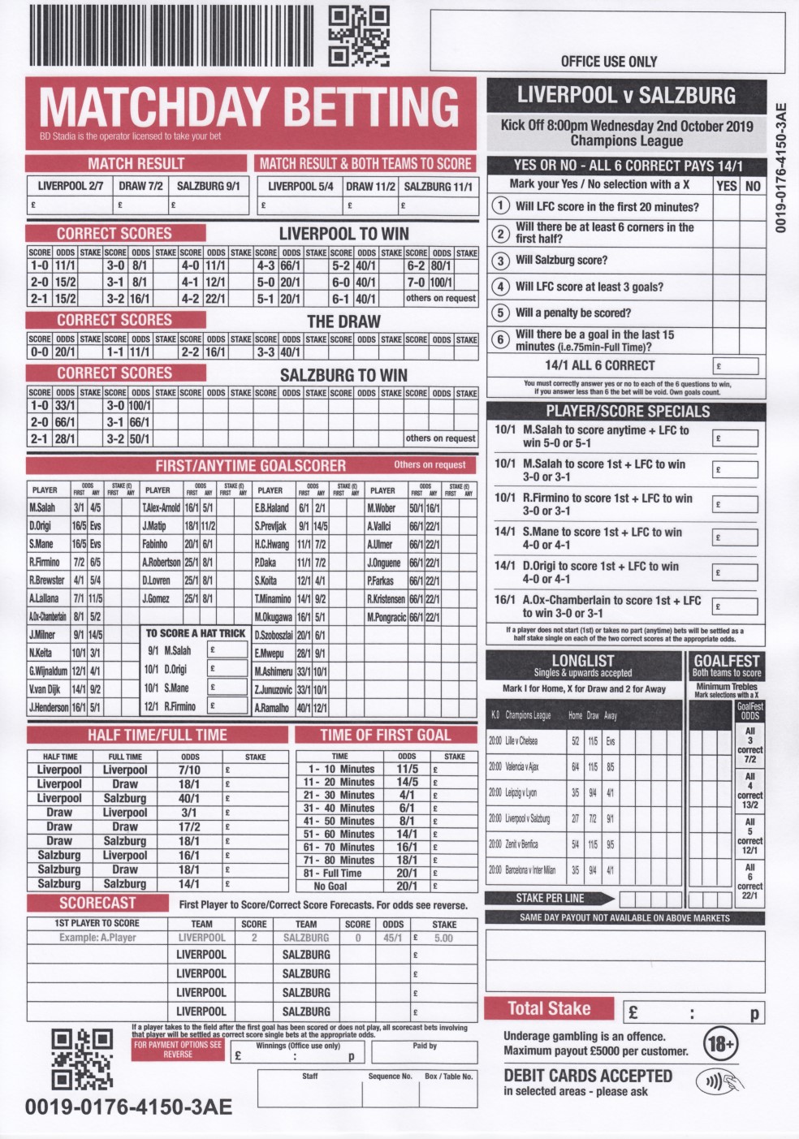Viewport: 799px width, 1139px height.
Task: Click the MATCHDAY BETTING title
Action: pyautogui.click(x=248, y=107)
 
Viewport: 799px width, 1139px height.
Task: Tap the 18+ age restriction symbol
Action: pyautogui.click(x=719, y=1043)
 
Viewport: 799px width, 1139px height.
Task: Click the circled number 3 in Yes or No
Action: pyautogui.click(x=501, y=261)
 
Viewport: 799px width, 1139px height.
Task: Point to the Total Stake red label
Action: pyautogui.click(x=549, y=1008)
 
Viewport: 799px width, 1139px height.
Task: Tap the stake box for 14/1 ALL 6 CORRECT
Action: pyautogui.click(x=735, y=365)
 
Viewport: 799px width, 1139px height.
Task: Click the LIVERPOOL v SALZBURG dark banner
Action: pyautogui.click(x=626, y=95)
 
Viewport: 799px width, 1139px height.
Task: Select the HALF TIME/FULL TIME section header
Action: pyautogui.click(x=158, y=736)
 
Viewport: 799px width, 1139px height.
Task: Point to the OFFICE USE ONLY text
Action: pyautogui.click(x=608, y=62)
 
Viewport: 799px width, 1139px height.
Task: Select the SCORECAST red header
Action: pyautogui.click(x=97, y=903)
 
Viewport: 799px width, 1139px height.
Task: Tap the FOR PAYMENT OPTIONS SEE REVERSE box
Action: pyautogui.click(x=178, y=1049)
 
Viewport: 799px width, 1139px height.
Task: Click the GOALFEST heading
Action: pyautogui.click(x=727, y=661)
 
